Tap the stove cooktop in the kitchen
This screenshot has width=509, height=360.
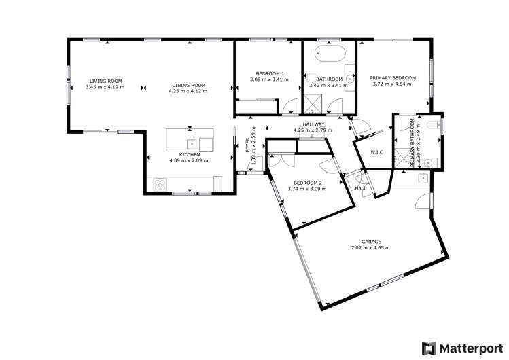pyautogui.click(x=161, y=183)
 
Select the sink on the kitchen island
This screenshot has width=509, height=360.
pyautogui.click(x=193, y=143)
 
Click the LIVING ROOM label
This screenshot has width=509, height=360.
pyautogui.click(x=105, y=81)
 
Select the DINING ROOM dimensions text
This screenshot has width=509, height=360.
pyautogui.click(x=188, y=90)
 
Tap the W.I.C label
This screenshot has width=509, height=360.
pyautogui.click(x=376, y=151)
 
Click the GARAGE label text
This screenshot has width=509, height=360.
pyautogui.click(x=370, y=241)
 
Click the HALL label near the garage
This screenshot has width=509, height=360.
pyautogui.click(x=360, y=188)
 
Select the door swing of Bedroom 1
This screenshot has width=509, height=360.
pyautogui.click(x=290, y=107)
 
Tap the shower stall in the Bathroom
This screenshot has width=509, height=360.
pyautogui.click(x=314, y=104)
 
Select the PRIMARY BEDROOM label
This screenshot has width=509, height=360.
pyautogui.click(x=393, y=78)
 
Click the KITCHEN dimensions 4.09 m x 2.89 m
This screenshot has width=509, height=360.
pyautogui.click(x=188, y=160)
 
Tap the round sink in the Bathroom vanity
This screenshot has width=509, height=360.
pyautogui.click(x=349, y=79)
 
